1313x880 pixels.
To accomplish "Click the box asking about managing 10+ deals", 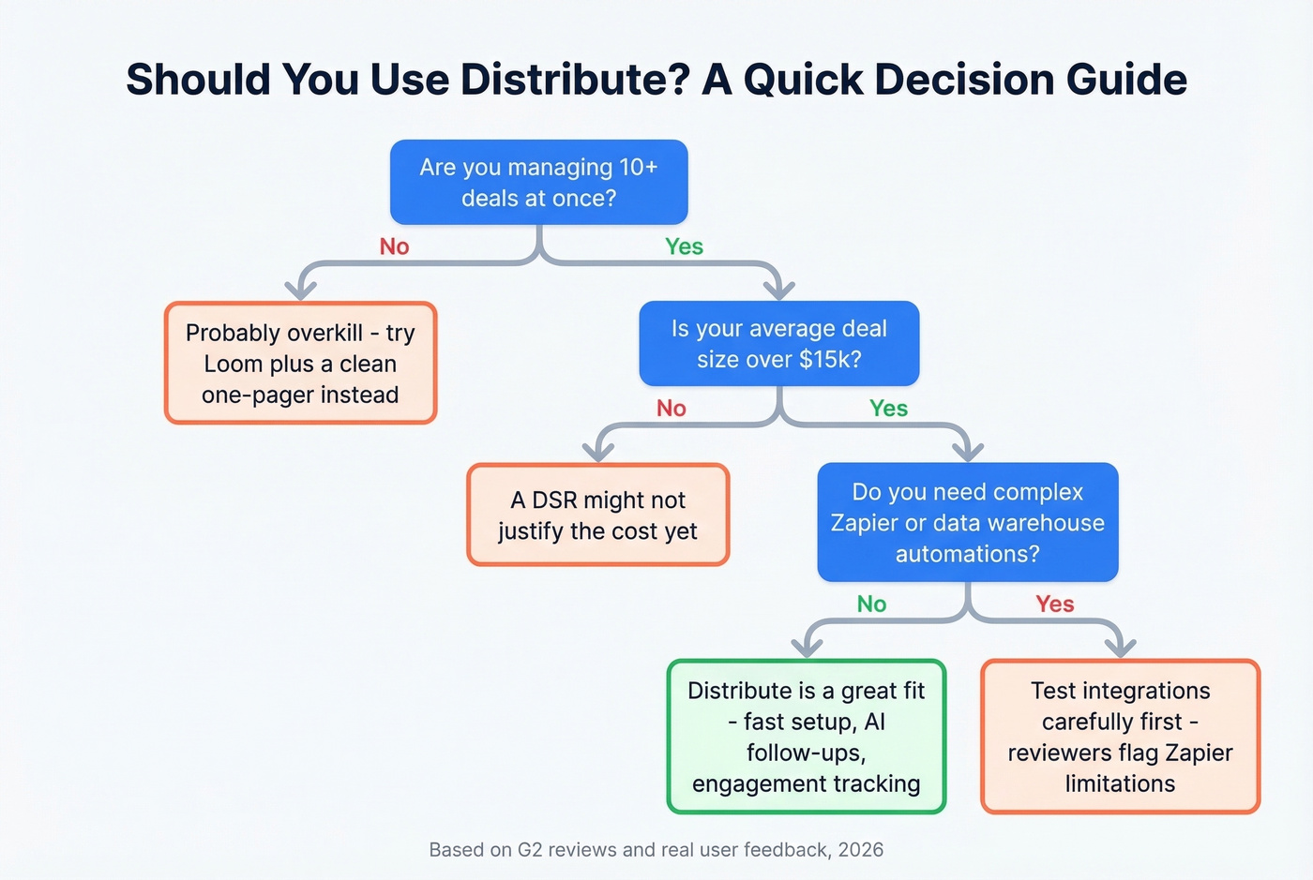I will tap(538, 182).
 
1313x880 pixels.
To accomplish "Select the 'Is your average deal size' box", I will tap(778, 343).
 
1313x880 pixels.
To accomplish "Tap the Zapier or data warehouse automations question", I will tap(967, 522).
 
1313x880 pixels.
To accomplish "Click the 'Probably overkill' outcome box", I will tap(300, 364).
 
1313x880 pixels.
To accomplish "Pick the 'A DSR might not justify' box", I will tap(597, 515).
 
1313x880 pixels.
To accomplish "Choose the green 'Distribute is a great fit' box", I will tap(806, 737).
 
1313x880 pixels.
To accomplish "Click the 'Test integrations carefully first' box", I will tap(1120, 737).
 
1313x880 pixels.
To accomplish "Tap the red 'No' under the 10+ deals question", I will tap(394, 246).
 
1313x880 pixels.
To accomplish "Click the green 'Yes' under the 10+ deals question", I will tap(684, 246).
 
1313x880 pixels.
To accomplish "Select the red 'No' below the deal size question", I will tap(671, 409).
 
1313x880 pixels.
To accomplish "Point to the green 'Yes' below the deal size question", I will tap(888, 409).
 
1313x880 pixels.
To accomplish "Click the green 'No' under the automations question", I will tap(871, 604).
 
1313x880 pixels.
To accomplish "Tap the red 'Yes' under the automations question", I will tap(1054, 604).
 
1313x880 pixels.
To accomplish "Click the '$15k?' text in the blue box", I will tap(829, 360).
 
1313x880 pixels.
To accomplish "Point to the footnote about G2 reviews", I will tap(656, 850).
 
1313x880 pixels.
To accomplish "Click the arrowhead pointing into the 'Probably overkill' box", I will tap(300, 289).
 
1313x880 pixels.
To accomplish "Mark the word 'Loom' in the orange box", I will tap(234, 364).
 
